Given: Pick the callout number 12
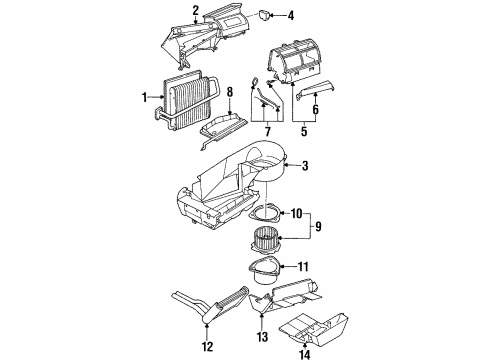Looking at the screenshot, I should tap(206, 347).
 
